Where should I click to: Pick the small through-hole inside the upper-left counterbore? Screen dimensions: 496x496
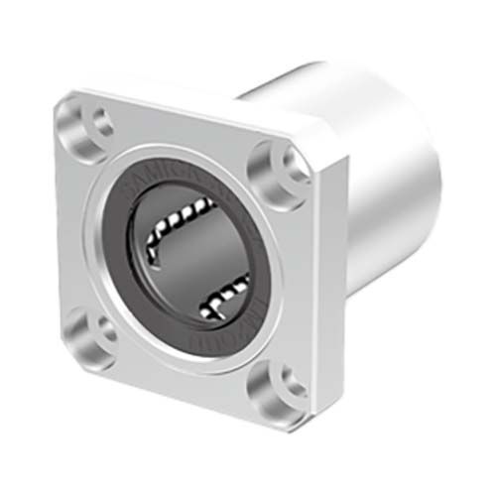pos(99,123)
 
